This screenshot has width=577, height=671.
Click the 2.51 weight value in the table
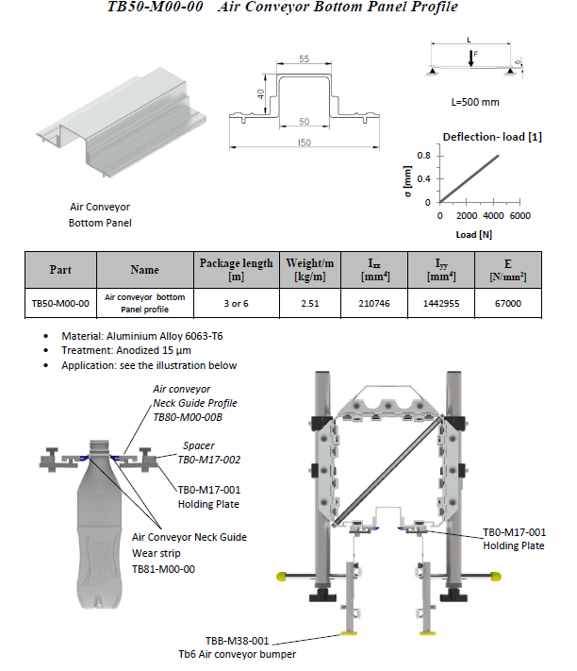pyautogui.click(x=312, y=303)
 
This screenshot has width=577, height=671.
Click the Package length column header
pyautogui.click(x=236, y=269)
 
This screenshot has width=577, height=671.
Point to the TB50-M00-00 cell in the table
pyautogui.click(x=59, y=303)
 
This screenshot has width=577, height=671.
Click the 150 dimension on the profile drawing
pyautogui.click(x=304, y=143)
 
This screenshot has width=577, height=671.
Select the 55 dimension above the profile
pyautogui.click(x=304, y=59)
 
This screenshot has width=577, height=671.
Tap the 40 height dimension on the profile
pyautogui.click(x=260, y=93)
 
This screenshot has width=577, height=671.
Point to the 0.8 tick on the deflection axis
pyautogui.click(x=424, y=155)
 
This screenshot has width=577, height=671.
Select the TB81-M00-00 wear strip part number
pyautogui.click(x=164, y=569)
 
